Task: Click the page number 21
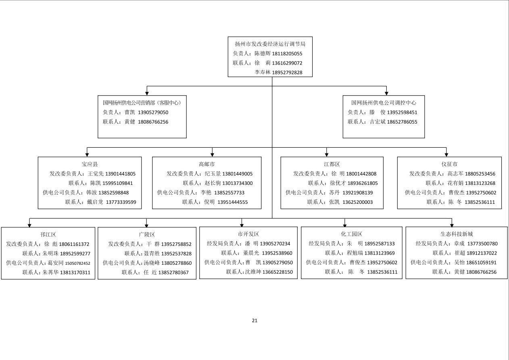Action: [x=255, y=320]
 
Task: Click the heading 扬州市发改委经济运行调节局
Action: [x=270, y=44]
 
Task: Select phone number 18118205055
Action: [x=287, y=54]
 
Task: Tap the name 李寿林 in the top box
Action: [x=263, y=72]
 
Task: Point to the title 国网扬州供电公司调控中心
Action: [x=384, y=103]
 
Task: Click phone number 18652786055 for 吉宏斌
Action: [x=402, y=122]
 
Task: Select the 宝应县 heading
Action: [x=90, y=164]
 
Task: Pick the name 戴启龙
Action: [x=95, y=202]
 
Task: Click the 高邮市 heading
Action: [x=207, y=164]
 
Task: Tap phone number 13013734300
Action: [x=237, y=183]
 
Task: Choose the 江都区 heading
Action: [x=332, y=164]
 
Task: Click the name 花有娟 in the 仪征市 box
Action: [x=455, y=183]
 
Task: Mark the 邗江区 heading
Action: [x=48, y=234]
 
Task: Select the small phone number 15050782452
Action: [x=77, y=264]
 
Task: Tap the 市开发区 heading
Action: [x=248, y=234]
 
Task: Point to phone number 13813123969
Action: [x=380, y=253]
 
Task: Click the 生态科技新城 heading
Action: [x=457, y=234]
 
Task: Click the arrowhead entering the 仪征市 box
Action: [x=446, y=155]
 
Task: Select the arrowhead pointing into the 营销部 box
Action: [x=147, y=94]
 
